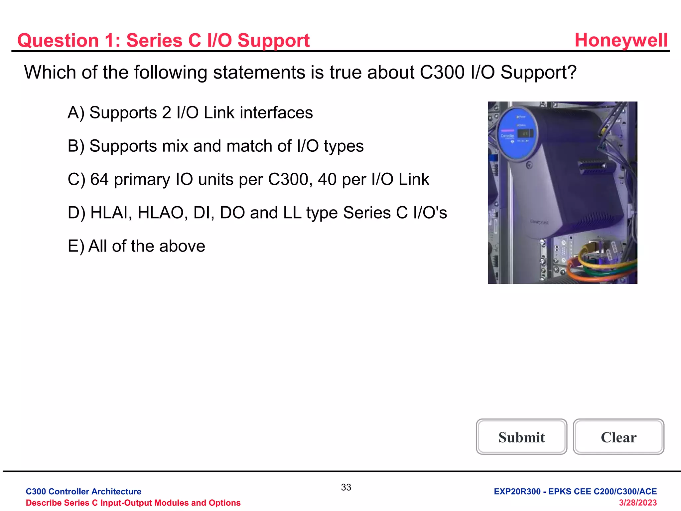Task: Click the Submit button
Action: pyautogui.click(x=521, y=437)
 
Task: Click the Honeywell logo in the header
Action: pyautogui.click(x=621, y=40)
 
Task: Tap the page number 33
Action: pyautogui.click(x=346, y=487)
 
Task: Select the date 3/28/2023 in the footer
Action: pyautogui.click(x=637, y=503)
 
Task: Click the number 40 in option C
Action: pyautogui.click(x=327, y=179)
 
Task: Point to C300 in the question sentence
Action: pyautogui.click(x=442, y=72)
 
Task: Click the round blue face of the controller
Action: pyautogui.click(x=517, y=134)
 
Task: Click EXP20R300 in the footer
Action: pyautogui.click(x=517, y=491)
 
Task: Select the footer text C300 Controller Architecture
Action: pyautogui.click(x=83, y=491)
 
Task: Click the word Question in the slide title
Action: pyautogui.click(x=58, y=41)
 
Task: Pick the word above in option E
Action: pyautogui.click(x=182, y=246)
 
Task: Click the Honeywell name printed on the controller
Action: pyautogui.click(x=539, y=222)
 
